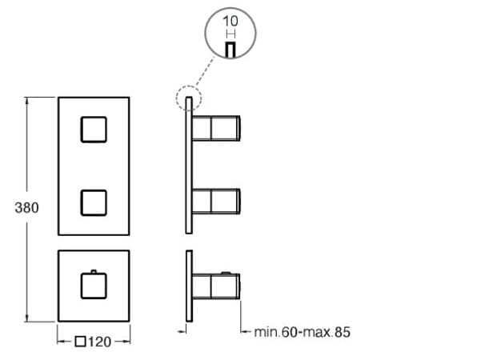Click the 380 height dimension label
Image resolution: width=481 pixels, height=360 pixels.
pyautogui.click(x=27, y=206)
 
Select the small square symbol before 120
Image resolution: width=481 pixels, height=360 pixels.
pyautogui.click(x=80, y=342)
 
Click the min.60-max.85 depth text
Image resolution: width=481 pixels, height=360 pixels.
pyautogui.click(x=302, y=330)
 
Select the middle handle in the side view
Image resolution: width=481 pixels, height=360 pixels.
pyautogui.click(x=216, y=202)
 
